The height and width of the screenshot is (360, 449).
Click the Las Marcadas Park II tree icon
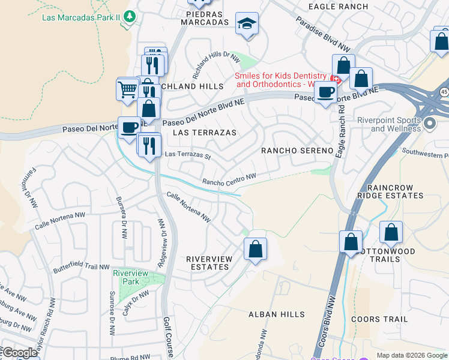pos(128,17)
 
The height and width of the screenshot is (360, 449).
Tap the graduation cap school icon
pos(247,24)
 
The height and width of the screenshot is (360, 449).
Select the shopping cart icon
pos(128,90)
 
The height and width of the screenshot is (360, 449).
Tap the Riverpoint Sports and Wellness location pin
pos(430,124)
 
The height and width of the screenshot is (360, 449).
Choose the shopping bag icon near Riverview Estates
pos(255,248)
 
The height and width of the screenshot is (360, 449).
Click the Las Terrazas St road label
pos(188,156)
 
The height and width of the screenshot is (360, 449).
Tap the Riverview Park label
pos(130,277)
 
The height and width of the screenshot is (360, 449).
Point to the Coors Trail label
pos(379,319)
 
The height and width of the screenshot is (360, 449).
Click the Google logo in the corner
pos(19,353)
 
